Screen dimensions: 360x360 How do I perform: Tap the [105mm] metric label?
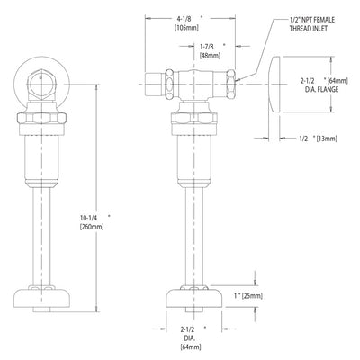pyautogui.click(x=186, y=28)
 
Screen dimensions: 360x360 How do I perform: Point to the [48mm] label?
pyautogui.click(x=210, y=56)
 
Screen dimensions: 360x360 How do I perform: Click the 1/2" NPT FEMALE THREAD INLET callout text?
pyautogui.click(x=312, y=24)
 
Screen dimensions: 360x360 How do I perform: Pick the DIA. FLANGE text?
pyautogui.click(x=321, y=89)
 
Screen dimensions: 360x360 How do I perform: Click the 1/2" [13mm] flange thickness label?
pyautogui.click(x=318, y=139)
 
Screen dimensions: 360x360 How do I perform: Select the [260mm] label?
pyautogui.click(x=92, y=227)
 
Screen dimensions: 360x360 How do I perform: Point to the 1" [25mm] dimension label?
pyautogui.click(x=248, y=296)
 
